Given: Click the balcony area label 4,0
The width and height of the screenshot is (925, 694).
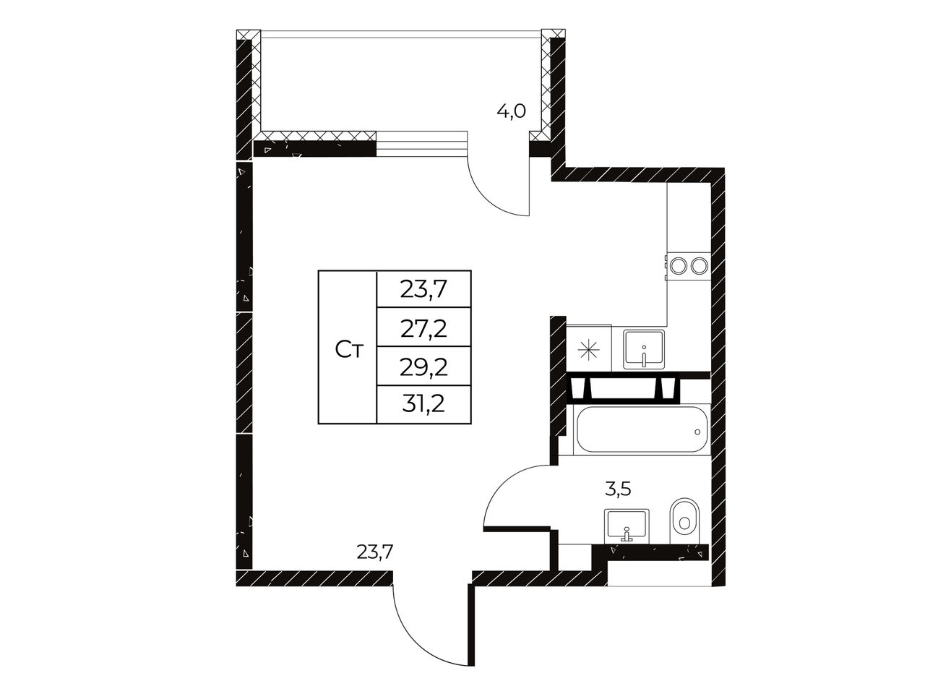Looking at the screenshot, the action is (511, 111).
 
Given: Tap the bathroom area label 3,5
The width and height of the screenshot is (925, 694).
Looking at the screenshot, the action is (618, 489).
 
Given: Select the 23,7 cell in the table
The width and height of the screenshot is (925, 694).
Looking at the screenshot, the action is (423, 289).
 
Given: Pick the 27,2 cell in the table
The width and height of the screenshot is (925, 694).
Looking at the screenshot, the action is (423, 327).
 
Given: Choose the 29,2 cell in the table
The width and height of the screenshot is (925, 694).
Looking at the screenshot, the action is (423, 366).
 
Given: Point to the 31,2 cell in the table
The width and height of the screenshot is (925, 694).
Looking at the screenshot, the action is (423, 404).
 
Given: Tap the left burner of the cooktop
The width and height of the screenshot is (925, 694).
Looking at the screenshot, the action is (679, 265).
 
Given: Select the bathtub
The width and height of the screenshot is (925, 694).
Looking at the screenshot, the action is (642, 429).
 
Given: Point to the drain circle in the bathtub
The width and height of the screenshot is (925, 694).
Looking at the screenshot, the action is (697, 432).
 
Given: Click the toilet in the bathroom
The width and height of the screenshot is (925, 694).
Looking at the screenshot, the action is (684, 522).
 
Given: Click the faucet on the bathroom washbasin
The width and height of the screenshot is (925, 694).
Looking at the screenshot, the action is (627, 534).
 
